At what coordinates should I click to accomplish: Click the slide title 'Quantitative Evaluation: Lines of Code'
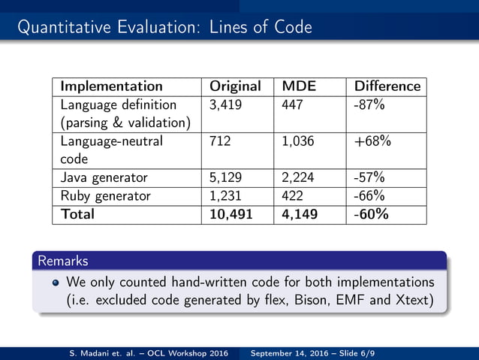(164, 28)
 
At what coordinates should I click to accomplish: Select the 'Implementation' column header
(111, 86)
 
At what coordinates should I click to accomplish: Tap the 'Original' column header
(235, 86)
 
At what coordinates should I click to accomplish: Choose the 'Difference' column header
(387, 86)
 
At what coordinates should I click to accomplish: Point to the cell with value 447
(291, 104)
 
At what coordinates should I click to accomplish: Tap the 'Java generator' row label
(104, 178)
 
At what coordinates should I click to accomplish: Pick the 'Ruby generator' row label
(105, 196)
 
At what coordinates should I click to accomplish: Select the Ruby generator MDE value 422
(291, 196)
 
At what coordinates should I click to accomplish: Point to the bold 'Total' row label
(77, 214)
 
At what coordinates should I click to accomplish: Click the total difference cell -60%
(371, 214)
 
